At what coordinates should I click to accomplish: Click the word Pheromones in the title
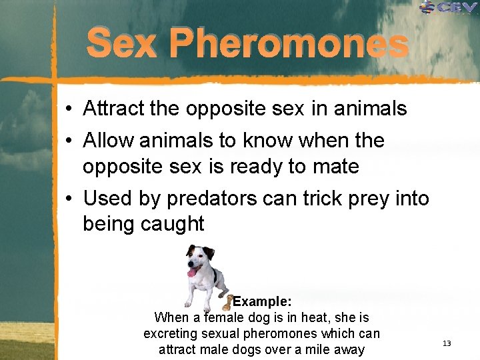[288, 44]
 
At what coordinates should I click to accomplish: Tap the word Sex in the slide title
[121, 44]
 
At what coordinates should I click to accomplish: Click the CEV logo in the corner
[449, 8]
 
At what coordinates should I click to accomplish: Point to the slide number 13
[447, 343]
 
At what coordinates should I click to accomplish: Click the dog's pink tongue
[193, 272]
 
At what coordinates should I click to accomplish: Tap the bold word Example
[262, 301]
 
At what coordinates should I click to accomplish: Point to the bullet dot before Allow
[69, 141]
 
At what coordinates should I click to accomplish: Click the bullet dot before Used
[69, 198]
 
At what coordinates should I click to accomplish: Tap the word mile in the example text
[316, 349]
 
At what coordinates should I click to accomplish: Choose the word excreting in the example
[173, 333]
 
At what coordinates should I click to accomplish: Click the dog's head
[199, 257]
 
